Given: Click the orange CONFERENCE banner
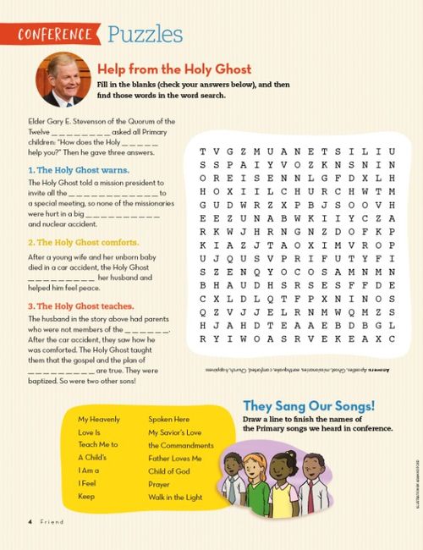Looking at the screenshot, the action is click(58, 35).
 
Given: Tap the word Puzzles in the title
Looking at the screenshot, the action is click(145, 34).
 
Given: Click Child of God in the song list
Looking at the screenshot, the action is click(169, 471).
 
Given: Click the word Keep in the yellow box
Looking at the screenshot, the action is click(86, 497).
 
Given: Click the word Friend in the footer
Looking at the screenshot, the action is click(51, 522).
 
